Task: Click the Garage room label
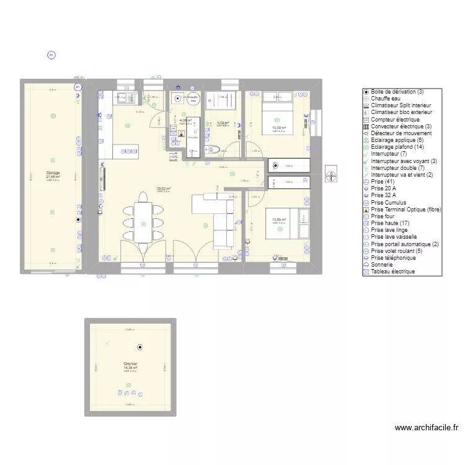tap(53, 173)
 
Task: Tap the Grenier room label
tap(130, 363)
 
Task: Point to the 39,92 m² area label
tap(164, 188)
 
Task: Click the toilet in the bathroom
tap(214, 149)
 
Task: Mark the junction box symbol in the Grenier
tap(140, 348)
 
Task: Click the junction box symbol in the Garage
tap(78, 219)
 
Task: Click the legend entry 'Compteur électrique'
tap(396, 119)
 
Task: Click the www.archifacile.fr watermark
tap(426, 427)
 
